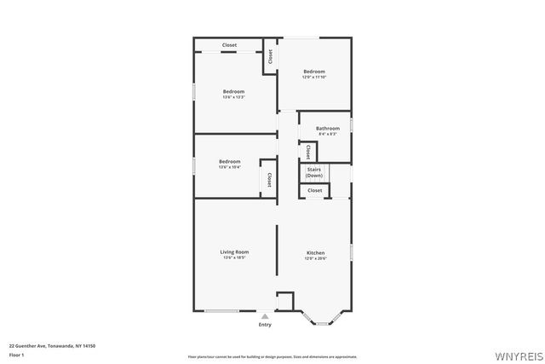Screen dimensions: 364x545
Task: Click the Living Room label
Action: tap(234, 251)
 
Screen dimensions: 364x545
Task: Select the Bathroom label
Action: tap(328, 129)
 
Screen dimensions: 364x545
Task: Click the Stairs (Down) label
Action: tap(314, 172)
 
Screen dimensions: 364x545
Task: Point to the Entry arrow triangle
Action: tap(265, 315)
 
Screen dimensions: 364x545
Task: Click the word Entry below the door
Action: tap(265, 325)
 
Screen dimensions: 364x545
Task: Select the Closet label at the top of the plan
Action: tap(230, 44)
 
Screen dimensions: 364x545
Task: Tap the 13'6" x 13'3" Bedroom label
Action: tap(233, 91)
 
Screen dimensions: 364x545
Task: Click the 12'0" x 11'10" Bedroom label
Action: tap(314, 72)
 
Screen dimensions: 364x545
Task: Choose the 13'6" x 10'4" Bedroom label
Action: tap(229, 161)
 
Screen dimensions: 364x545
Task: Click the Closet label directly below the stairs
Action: tap(315, 190)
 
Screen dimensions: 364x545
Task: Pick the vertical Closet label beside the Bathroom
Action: tap(307, 152)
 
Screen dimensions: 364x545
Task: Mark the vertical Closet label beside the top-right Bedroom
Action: tap(270, 56)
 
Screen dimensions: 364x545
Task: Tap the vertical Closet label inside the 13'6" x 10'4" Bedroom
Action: tap(269, 180)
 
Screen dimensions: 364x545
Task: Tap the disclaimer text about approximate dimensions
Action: tap(272, 356)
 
